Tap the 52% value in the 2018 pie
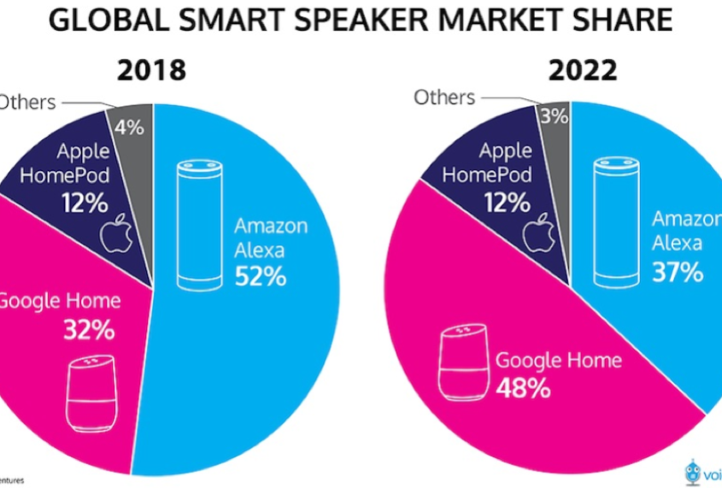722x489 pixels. click(x=261, y=277)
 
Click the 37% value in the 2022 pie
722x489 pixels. click(x=678, y=272)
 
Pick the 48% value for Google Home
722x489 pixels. click(x=523, y=389)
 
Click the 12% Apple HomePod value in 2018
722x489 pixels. click(x=84, y=205)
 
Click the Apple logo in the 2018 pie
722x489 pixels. click(x=114, y=236)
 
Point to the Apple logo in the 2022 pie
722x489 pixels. click(x=535, y=233)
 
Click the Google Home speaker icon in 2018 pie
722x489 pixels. click(x=91, y=394)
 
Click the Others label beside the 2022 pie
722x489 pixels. click(x=444, y=97)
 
